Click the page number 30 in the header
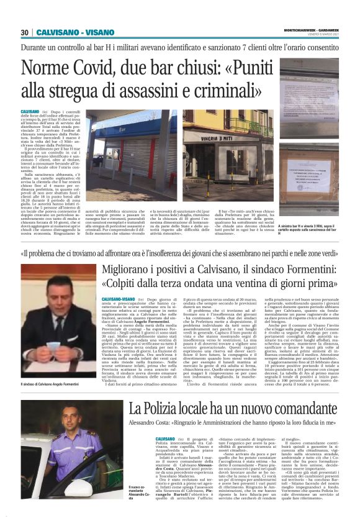(25, 32)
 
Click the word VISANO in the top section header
(94, 32)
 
